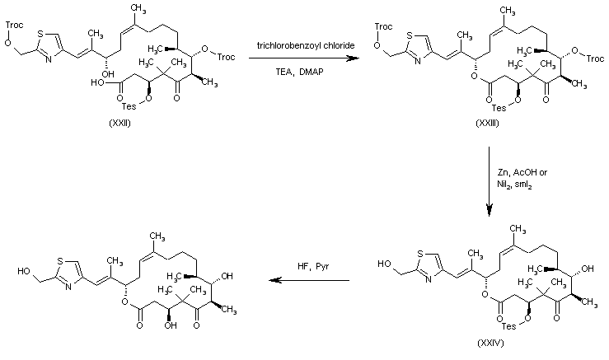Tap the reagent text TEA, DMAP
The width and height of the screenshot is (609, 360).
tap(300, 72)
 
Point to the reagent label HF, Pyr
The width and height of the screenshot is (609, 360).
tap(310, 266)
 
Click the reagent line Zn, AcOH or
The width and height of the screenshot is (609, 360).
tap(520, 172)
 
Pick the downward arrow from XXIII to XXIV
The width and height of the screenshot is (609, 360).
tap(490, 181)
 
